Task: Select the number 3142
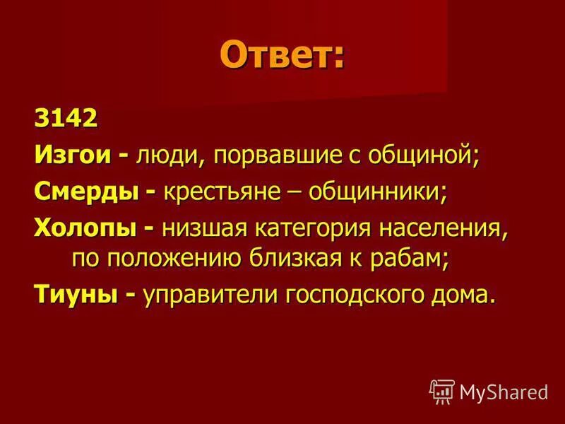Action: pos(64,118)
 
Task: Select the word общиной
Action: pos(429,155)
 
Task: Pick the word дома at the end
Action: pos(462,296)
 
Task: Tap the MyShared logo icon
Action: pos(441,390)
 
